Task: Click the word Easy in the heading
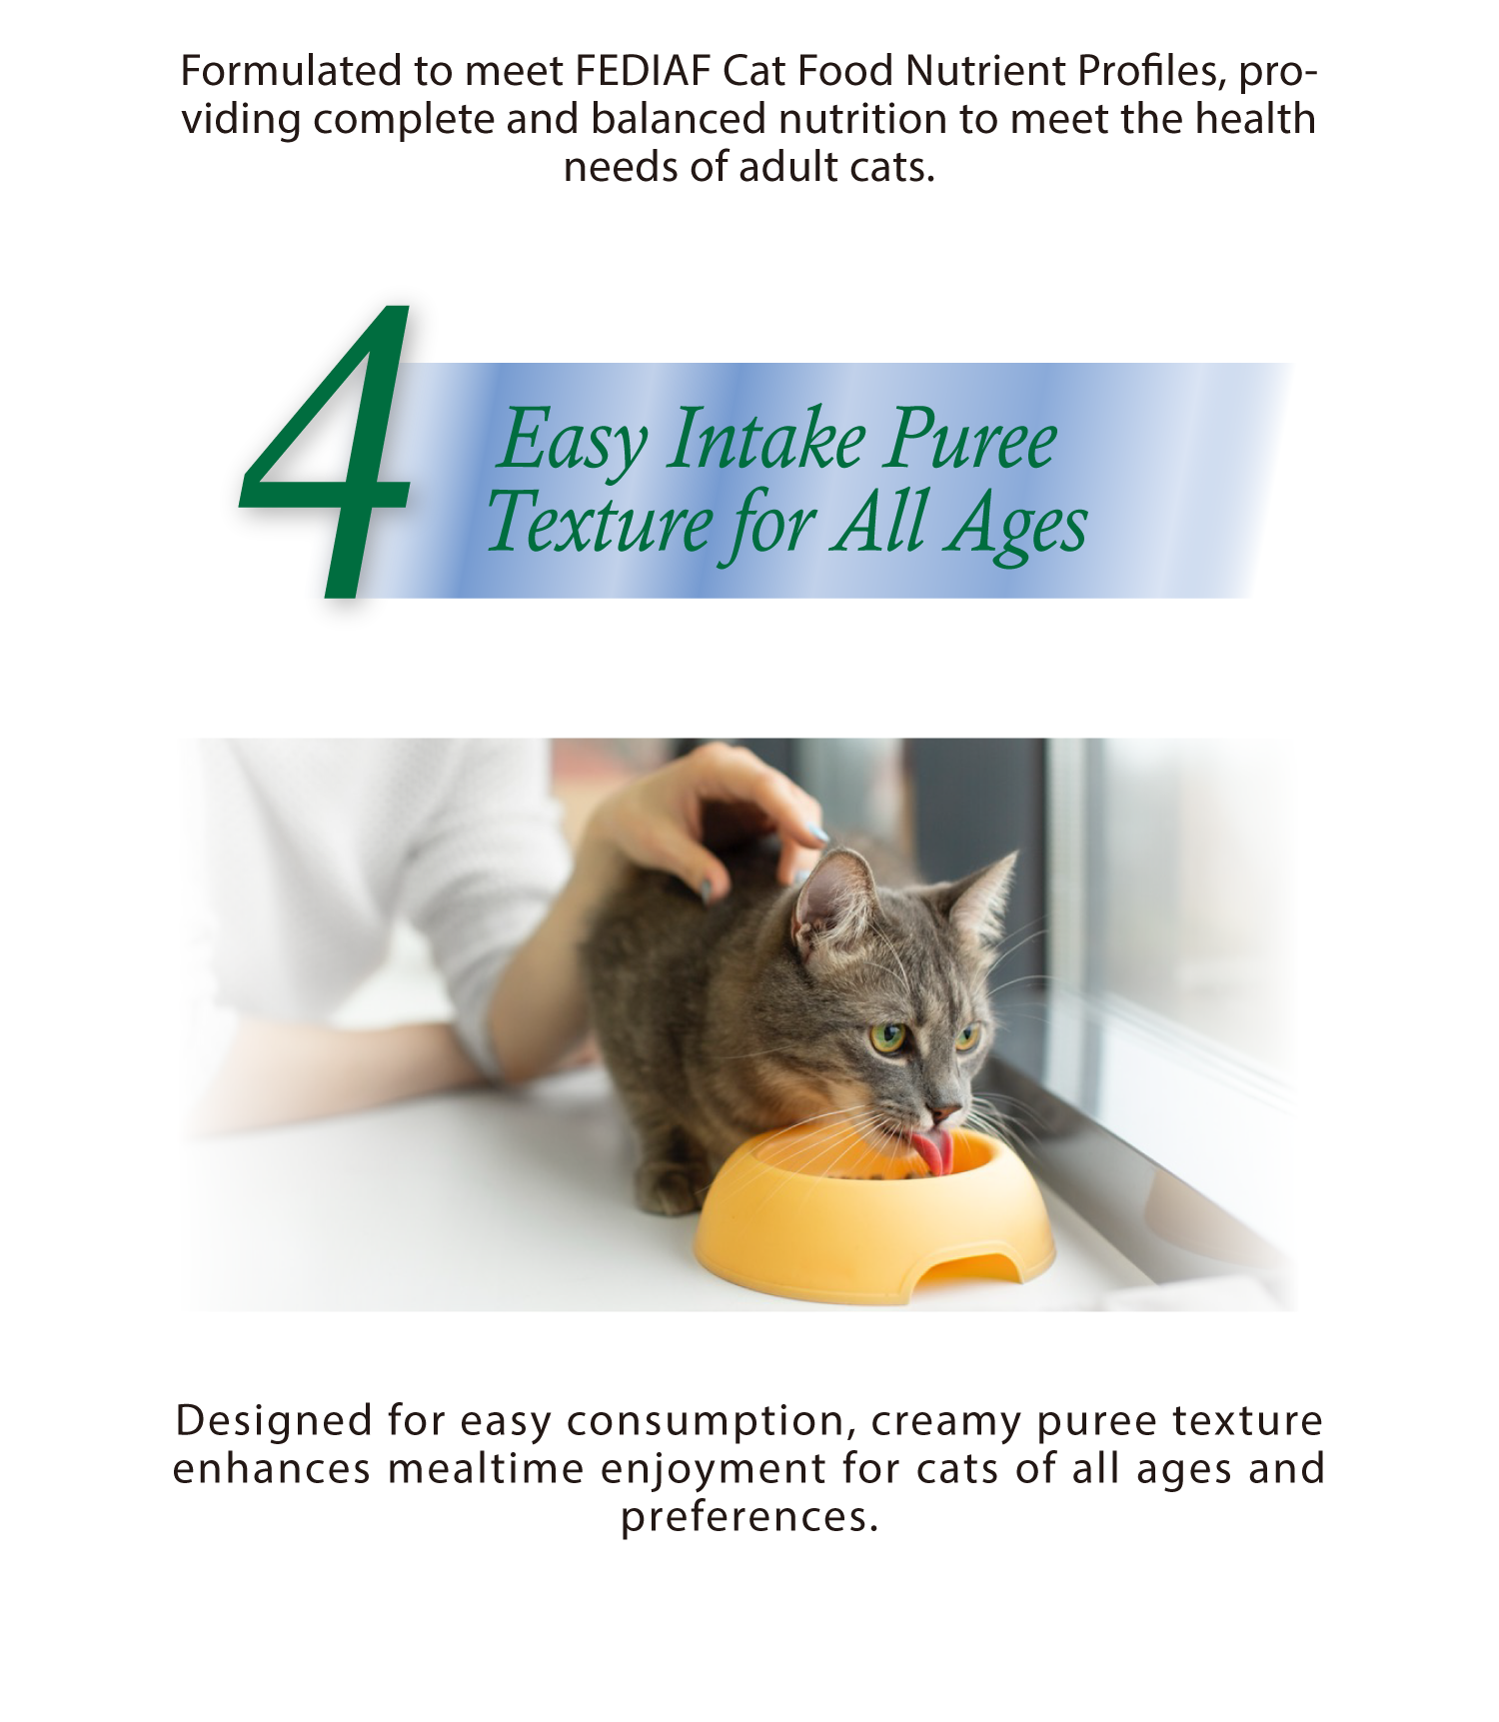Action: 573,441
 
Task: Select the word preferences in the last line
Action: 749,1517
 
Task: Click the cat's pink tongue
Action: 932,1152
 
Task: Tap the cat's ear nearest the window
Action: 984,894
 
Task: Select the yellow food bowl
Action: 874,1214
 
